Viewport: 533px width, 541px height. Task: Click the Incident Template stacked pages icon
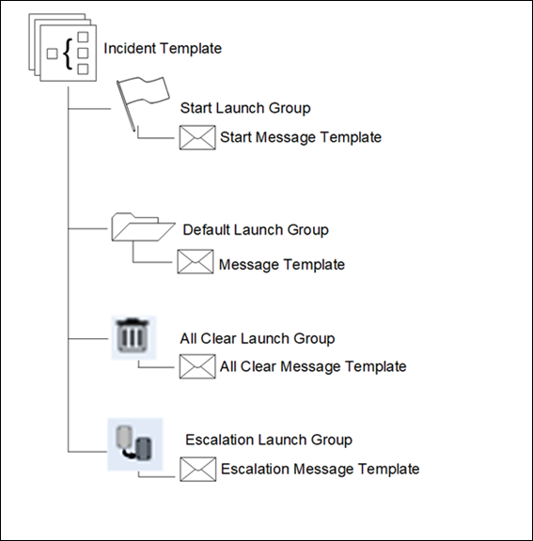click(x=62, y=47)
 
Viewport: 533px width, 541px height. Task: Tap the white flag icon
click(x=143, y=103)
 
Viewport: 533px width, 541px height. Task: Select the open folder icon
click(x=143, y=227)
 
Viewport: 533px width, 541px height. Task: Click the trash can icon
click(x=133, y=337)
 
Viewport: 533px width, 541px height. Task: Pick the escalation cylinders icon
click(x=135, y=444)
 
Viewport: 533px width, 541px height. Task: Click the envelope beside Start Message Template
click(x=197, y=137)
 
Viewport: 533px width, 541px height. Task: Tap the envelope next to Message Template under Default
click(x=196, y=261)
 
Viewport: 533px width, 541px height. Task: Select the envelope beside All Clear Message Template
click(x=197, y=366)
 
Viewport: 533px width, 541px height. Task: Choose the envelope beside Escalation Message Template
click(x=198, y=470)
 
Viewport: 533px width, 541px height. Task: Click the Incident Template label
click(x=163, y=48)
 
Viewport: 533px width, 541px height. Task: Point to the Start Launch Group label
click(x=245, y=108)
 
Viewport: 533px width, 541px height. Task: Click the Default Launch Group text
click(x=256, y=230)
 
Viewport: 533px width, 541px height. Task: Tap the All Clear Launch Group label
click(x=258, y=338)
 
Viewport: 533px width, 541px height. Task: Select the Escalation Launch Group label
click(x=269, y=440)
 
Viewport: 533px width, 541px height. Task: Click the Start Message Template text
click(x=301, y=137)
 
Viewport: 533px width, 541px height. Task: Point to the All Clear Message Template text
click(x=313, y=366)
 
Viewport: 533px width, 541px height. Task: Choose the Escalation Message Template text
click(x=321, y=470)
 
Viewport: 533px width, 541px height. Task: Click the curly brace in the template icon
click(x=68, y=54)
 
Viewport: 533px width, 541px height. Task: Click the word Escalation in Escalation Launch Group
click(x=220, y=440)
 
